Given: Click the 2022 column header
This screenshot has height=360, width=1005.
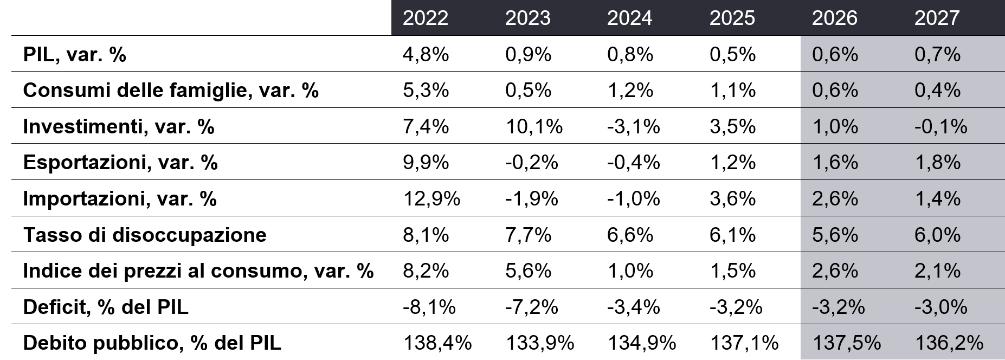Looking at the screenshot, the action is tap(426, 18).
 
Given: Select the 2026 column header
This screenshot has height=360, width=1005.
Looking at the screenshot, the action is tap(835, 18).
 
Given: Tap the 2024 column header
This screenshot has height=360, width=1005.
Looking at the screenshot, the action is tap(630, 18).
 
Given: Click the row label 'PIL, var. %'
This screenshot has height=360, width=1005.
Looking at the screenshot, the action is tap(74, 54).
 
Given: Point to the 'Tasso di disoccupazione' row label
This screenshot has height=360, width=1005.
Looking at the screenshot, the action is tap(145, 235).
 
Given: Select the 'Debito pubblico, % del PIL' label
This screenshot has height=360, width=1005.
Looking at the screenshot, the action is tap(152, 343).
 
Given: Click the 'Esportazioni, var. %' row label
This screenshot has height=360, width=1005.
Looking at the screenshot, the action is tap(120, 162).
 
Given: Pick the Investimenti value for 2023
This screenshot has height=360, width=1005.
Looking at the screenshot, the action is tap(534, 126).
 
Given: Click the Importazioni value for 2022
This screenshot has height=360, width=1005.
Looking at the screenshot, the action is tap(431, 198).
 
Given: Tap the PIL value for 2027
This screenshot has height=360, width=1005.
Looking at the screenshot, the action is tap(938, 54).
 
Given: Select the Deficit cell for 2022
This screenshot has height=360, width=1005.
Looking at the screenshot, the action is tap(429, 307).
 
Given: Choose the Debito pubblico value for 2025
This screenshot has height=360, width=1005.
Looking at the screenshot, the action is tap(744, 343).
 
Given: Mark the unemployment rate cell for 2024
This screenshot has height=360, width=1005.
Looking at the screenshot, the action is tap(630, 235).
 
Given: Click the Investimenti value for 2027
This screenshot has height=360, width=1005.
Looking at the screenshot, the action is tap(941, 126).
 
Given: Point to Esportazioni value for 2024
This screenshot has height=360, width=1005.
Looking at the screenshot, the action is tap(634, 162).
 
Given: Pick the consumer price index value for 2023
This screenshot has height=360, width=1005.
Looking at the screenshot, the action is tap(528, 271).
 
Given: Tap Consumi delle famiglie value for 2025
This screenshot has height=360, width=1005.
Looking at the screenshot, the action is tap(733, 90).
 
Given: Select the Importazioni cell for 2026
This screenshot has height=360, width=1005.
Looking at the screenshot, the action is tap(835, 198).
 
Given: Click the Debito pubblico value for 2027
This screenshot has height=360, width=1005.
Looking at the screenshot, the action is tap(949, 343).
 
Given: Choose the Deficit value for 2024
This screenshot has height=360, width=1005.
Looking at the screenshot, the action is tap(634, 307).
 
